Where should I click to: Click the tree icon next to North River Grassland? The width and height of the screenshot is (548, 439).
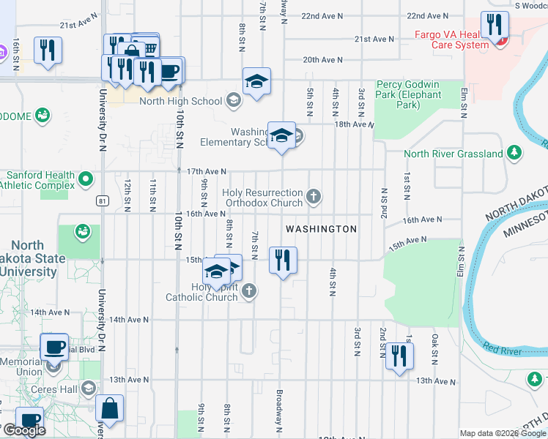pyautogui.click(x=515, y=153)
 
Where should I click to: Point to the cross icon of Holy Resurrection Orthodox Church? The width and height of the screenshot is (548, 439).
pyautogui.click(x=314, y=196)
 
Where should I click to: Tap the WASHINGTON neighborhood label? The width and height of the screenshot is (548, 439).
pyautogui.click(x=321, y=229)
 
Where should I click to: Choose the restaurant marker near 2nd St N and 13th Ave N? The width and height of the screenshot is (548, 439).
pyautogui.click(x=399, y=356)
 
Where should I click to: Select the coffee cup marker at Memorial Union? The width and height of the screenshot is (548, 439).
pyautogui.click(x=55, y=347)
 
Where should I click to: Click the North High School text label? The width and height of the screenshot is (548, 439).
pyautogui.click(x=181, y=101)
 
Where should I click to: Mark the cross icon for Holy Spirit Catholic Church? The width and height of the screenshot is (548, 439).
pyautogui.click(x=249, y=291)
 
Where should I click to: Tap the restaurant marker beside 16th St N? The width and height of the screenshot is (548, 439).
pyautogui.click(x=48, y=50)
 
